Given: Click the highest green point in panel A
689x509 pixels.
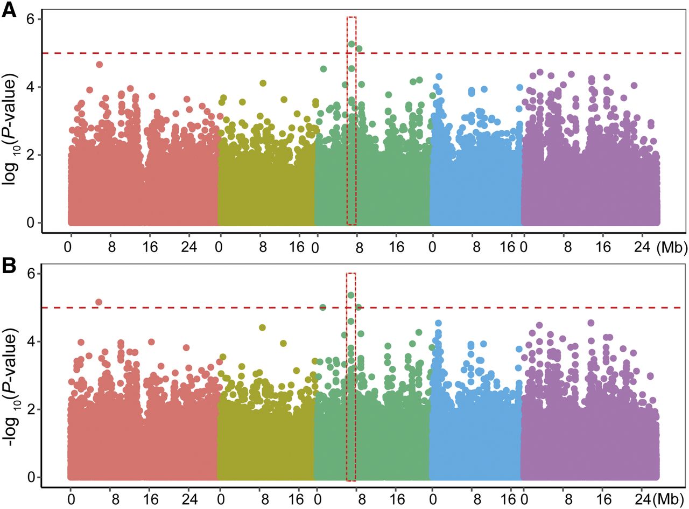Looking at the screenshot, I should pos(351,44).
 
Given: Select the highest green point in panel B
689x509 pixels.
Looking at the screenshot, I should pos(351,295).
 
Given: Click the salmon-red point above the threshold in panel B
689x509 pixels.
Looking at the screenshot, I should pos(99,302).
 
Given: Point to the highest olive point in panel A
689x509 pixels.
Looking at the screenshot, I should pos(263,83).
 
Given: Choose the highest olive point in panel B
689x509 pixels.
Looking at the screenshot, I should pos(263,327).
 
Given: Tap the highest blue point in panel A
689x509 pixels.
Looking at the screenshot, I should pos(439,77).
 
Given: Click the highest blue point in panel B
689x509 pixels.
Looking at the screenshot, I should pos(438,323).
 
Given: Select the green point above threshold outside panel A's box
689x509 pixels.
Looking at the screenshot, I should pos(360,49).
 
